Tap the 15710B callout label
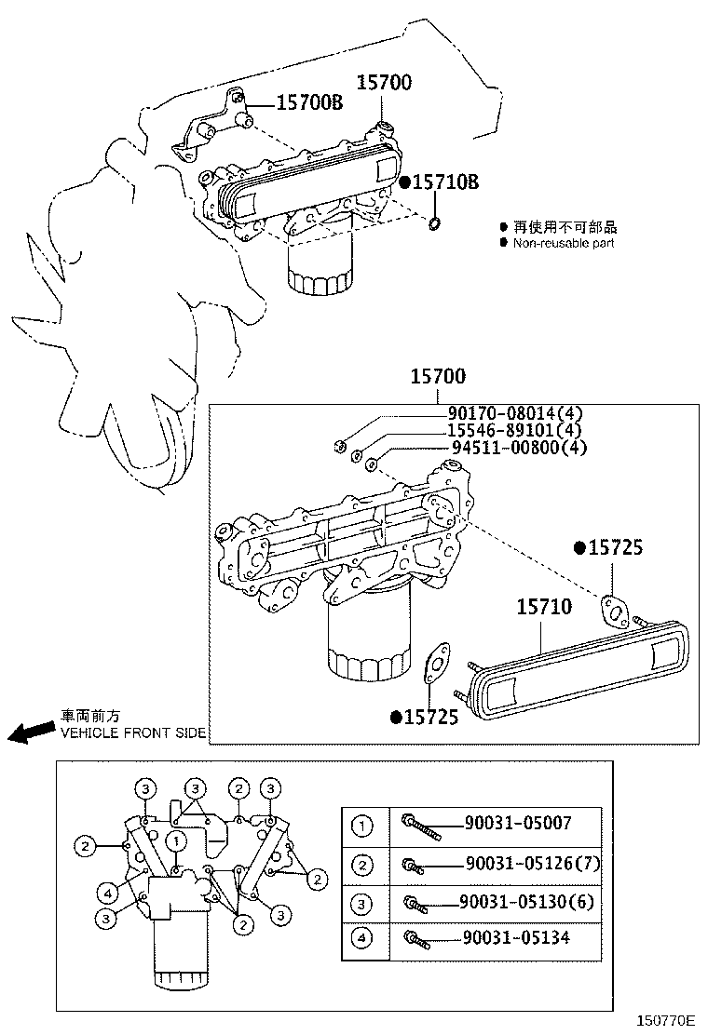445,182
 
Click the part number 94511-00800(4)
518,448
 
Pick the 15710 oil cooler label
545,608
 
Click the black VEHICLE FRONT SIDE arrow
30,733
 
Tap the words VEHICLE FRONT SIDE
132,733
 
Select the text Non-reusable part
564,243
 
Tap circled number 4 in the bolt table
362,940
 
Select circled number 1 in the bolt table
362,825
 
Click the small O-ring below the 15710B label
435,223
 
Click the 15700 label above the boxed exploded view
438,377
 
